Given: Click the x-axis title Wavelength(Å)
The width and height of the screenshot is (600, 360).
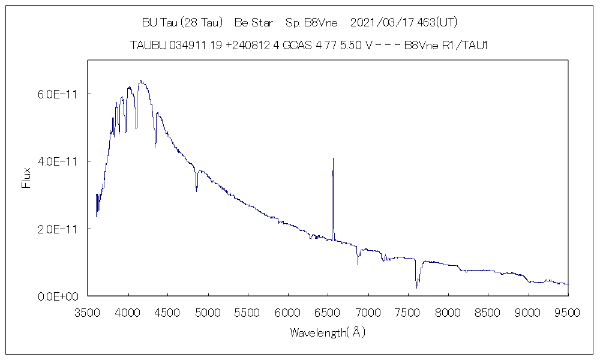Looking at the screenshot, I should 328,332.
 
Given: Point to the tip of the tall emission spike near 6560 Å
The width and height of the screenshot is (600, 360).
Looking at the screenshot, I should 333,158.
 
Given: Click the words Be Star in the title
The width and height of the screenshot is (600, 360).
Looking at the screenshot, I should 253,23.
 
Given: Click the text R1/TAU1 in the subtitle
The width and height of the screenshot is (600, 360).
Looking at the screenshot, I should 461,46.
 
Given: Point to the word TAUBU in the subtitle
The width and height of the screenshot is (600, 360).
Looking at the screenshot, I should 147,46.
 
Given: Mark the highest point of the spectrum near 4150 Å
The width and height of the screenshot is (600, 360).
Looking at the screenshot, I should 140,81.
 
